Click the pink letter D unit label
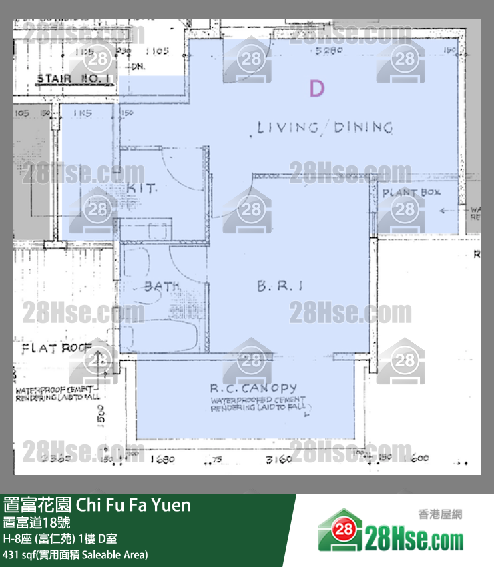click(317, 89)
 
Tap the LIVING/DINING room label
click(324, 127)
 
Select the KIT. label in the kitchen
click(142, 189)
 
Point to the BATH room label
click(162, 286)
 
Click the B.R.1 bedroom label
click(280, 286)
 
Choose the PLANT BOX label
click(411, 193)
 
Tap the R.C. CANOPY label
click(253, 388)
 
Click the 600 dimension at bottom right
click(421, 459)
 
